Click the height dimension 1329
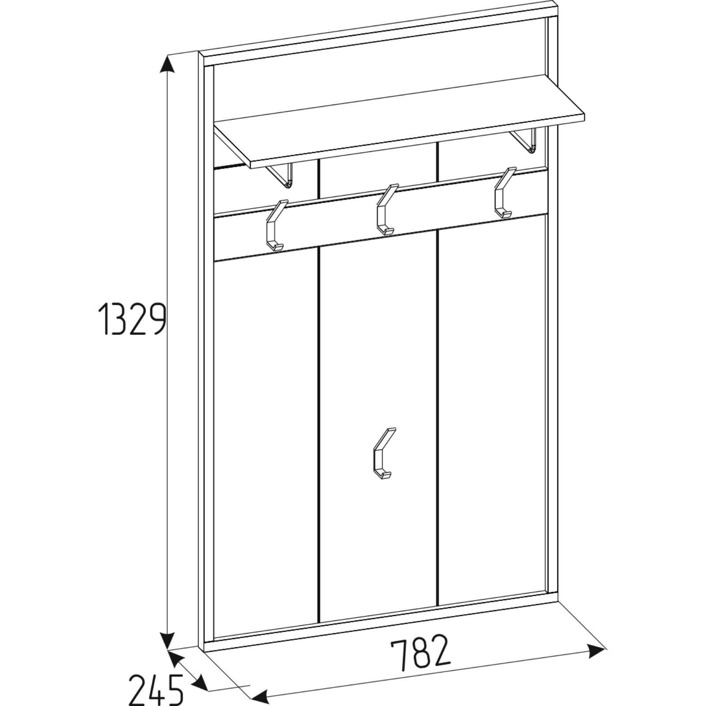coord(131,319)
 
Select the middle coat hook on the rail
coord(387,210)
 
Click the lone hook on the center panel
coord(383,453)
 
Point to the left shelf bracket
coord(282,175)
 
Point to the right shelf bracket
coord(525,141)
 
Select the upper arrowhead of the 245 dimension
coord(176,658)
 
